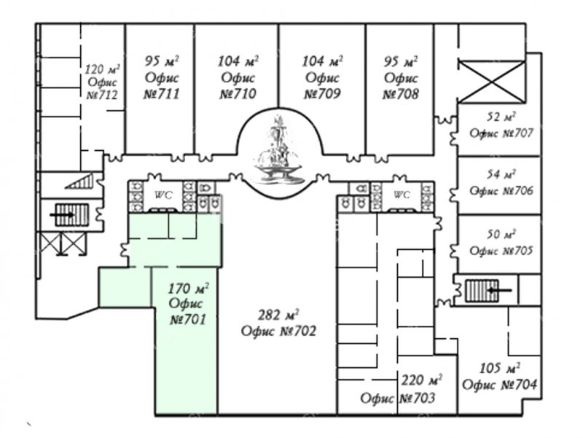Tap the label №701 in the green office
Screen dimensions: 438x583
tap(188, 318)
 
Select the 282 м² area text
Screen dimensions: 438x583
tap(279, 316)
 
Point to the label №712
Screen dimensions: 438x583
tap(102, 95)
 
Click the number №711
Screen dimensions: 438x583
tap(161, 94)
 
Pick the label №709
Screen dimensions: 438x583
tap(322, 94)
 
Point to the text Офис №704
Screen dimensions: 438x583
tap(501, 385)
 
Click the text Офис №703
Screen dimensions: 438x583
tap(398, 399)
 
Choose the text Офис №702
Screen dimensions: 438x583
tap(279, 332)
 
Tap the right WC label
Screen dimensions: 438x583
tap(402, 195)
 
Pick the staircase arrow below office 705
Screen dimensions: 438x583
tap(499, 291)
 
